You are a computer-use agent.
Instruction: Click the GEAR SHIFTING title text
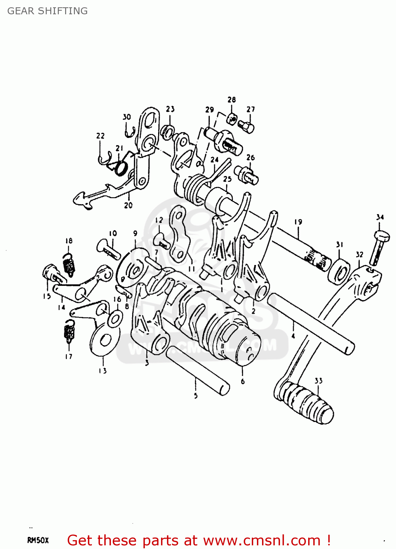[48, 11]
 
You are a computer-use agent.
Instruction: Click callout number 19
[298, 222]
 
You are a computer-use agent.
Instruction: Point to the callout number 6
[243, 381]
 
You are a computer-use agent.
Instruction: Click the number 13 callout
[102, 371]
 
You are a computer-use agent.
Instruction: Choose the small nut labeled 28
[232, 119]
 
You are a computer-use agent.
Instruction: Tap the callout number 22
[100, 136]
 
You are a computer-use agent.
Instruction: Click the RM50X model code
[38, 540]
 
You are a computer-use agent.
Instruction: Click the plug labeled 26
[248, 175]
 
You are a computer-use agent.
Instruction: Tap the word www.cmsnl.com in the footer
[262, 540]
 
